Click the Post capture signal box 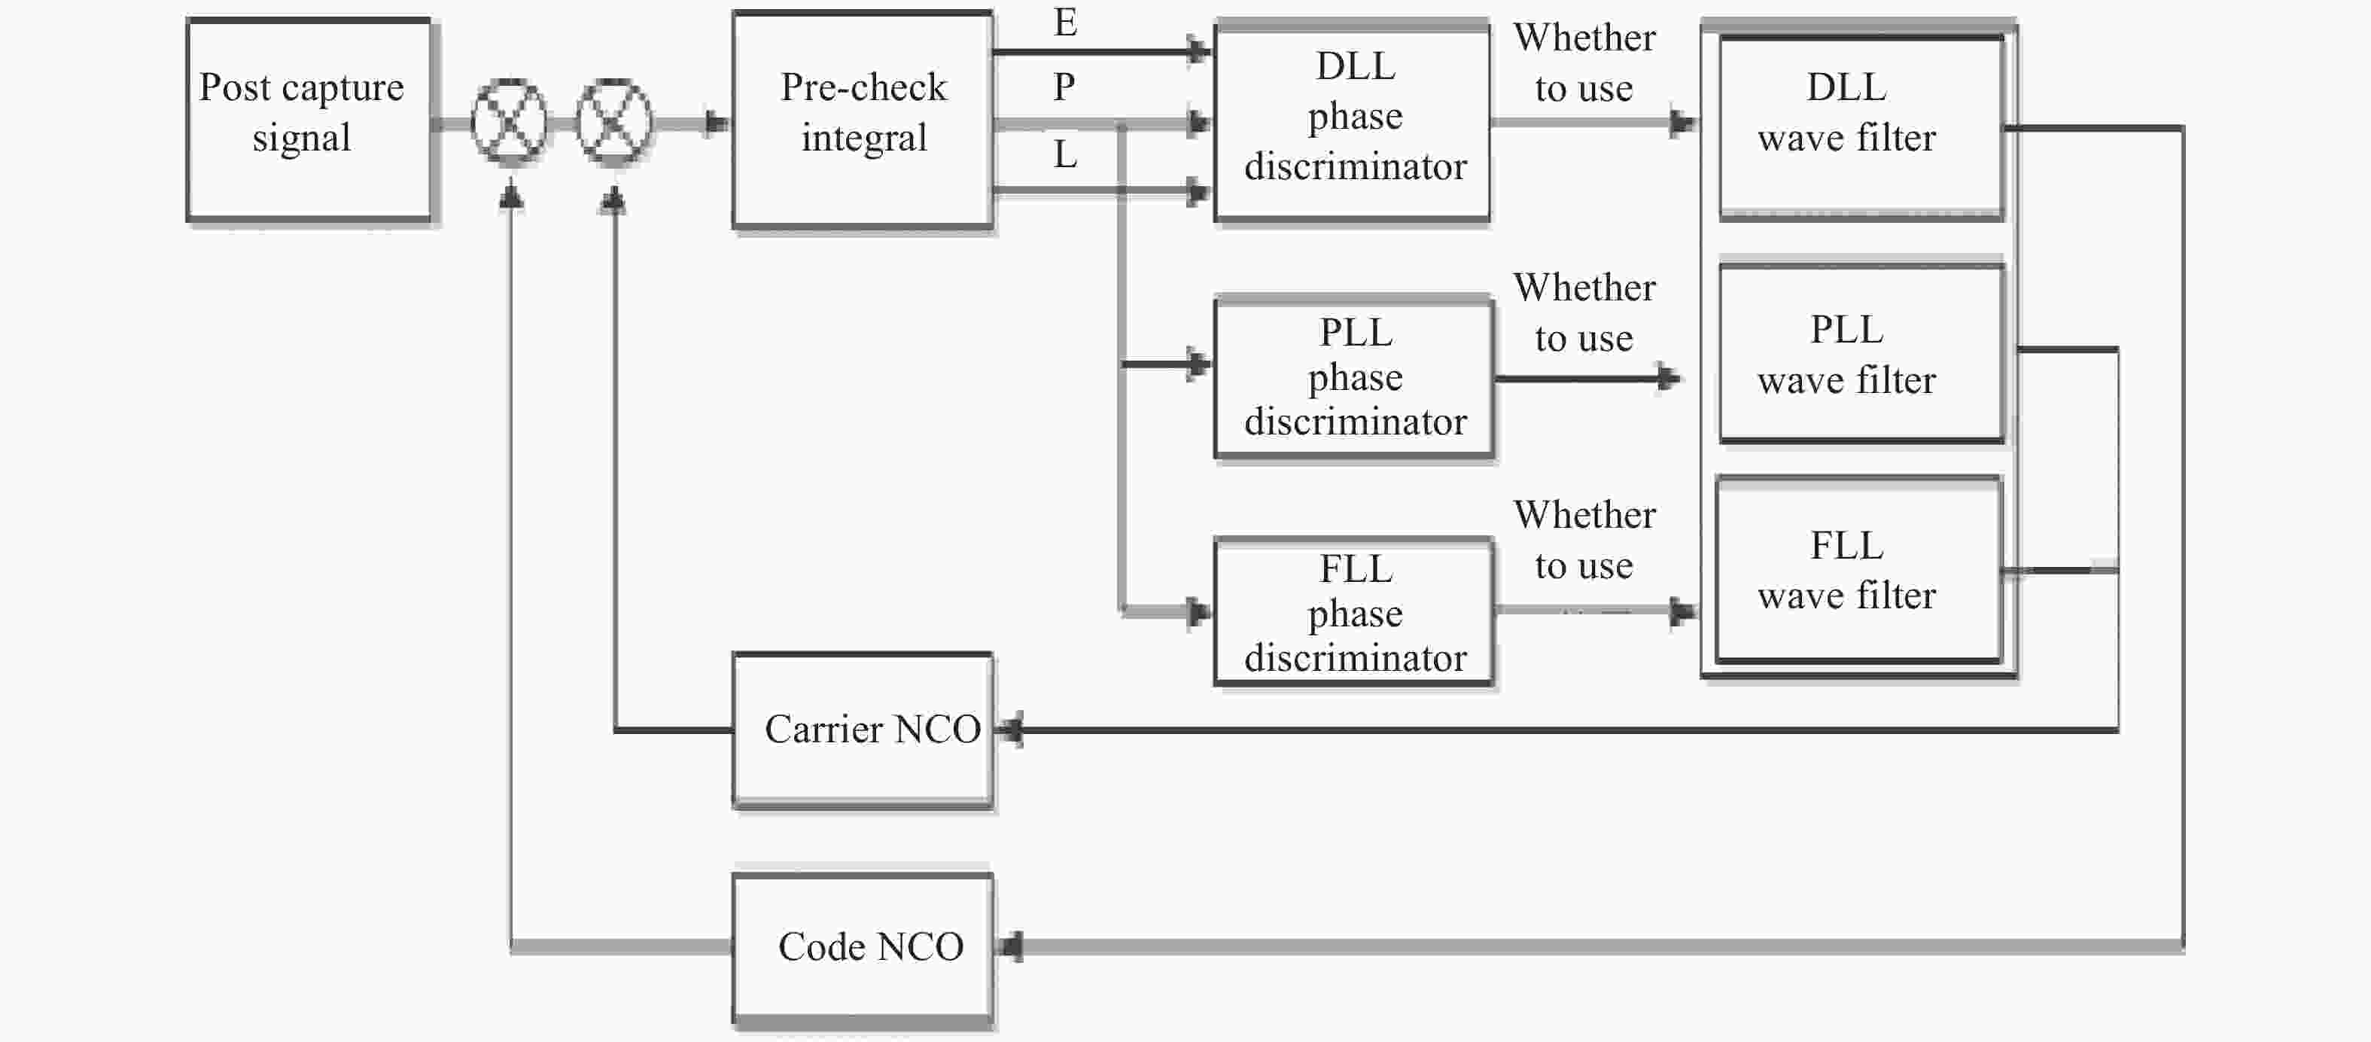pyautogui.click(x=309, y=120)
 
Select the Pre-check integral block pyautogui.click(x=863, y=120)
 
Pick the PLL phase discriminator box pyautogui.click(x=1354, y=377)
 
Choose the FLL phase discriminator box pyautogui.click(x=1354, y=612)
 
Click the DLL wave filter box pyautogui.click(x=1861, y=127)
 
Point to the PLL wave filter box pyautogui.click(x=1861, y=353)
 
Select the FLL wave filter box pyautogui.click(x=1858, y=569)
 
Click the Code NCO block pyautogui.click(x=863, y=948)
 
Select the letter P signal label pyautogui.click(x=1064, y=87)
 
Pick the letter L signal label pyautogui.click(x=1065, y=154)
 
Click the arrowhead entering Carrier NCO pyautogui.click(x=1009, y=730)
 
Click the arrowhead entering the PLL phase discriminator pyautogui.click(x=1199, y=364)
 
